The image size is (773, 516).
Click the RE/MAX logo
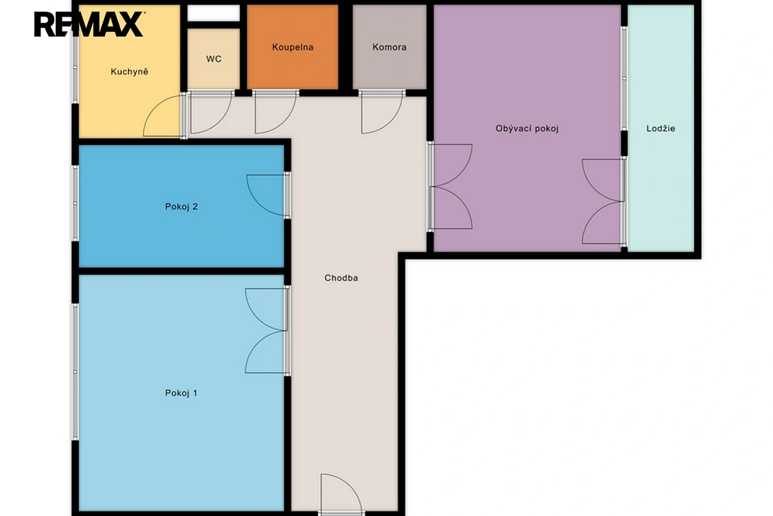click(x=89, y=24)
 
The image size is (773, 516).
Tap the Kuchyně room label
click(x=130, y=71)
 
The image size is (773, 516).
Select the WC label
click(x=214, y=59)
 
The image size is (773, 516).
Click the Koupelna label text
click(x=293, y=47)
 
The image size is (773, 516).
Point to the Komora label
click(x=389, y=47)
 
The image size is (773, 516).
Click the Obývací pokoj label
click(x=527, y=129)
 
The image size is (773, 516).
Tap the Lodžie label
click(x=661, y=129)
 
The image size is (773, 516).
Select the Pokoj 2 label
click(x=181, y=207)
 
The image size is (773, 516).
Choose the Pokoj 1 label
click(x=181, y=393)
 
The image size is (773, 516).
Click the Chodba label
click(x=341, y=278)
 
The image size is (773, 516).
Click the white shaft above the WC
click(x=214, y=13)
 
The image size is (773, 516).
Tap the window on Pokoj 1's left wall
click(x=75, y=372)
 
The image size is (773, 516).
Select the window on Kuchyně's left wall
click(x=75, y=67)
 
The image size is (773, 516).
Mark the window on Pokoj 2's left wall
click(x=75, y=203)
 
